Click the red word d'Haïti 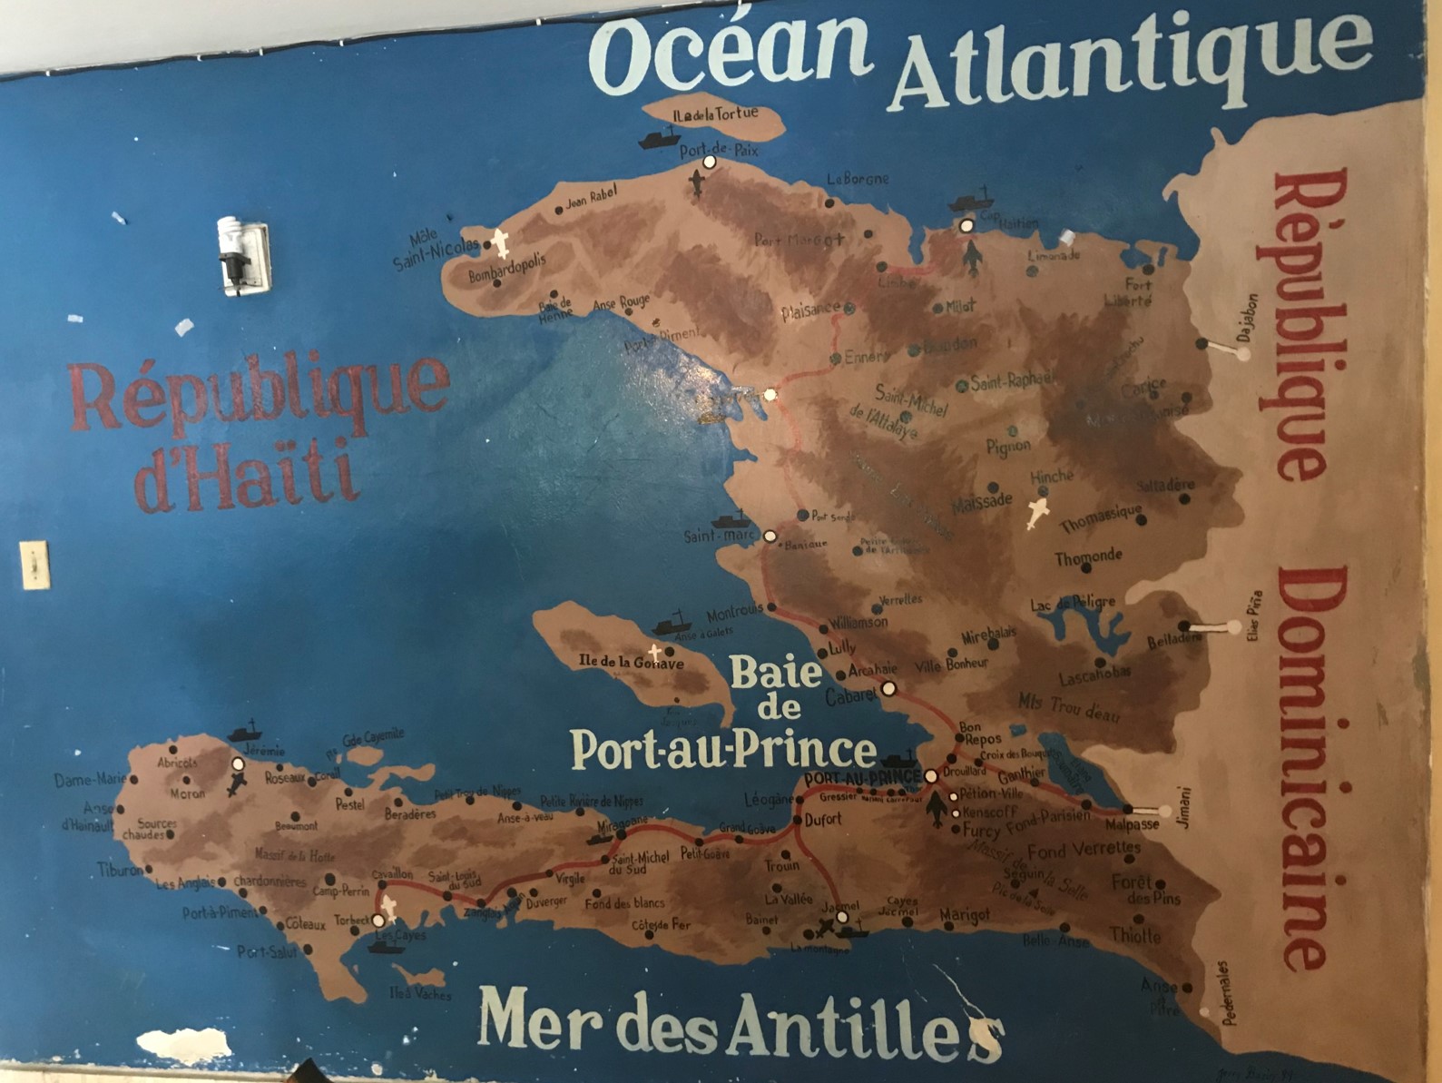(x=243, y=473)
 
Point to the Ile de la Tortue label (x=715, y=115)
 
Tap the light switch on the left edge (x=34, y=565)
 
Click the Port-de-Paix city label (x=719, y=149)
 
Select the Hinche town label (x=1051, y=476)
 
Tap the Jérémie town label (x=264, y=750)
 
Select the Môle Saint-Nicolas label (x=435, y=251)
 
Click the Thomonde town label (x=1088, y=556)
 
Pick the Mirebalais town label (x=988, y=633)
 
